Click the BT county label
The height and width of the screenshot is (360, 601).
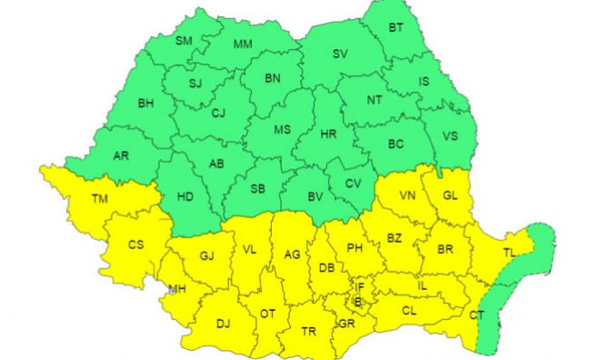[x=396, y=28]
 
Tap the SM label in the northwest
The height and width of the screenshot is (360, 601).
[x=184, y=40]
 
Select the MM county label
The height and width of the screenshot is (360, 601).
[x=243, y=45]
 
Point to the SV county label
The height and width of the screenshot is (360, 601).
[x=340, y=55]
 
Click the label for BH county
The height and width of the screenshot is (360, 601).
[x=145, y=104]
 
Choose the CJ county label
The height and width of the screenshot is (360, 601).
[x=218, y=114]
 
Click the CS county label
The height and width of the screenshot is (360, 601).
[x=135, y=244]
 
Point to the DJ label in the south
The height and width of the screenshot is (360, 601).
[x=223, y=323]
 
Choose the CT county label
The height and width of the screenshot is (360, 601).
[x=476, y=315]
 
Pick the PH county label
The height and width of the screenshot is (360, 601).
[x=355, y=247]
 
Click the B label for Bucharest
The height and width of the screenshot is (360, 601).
[x=357, y=301]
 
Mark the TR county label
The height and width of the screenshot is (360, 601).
[x=309, y=332]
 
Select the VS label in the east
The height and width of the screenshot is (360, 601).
[x=449, y=136]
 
